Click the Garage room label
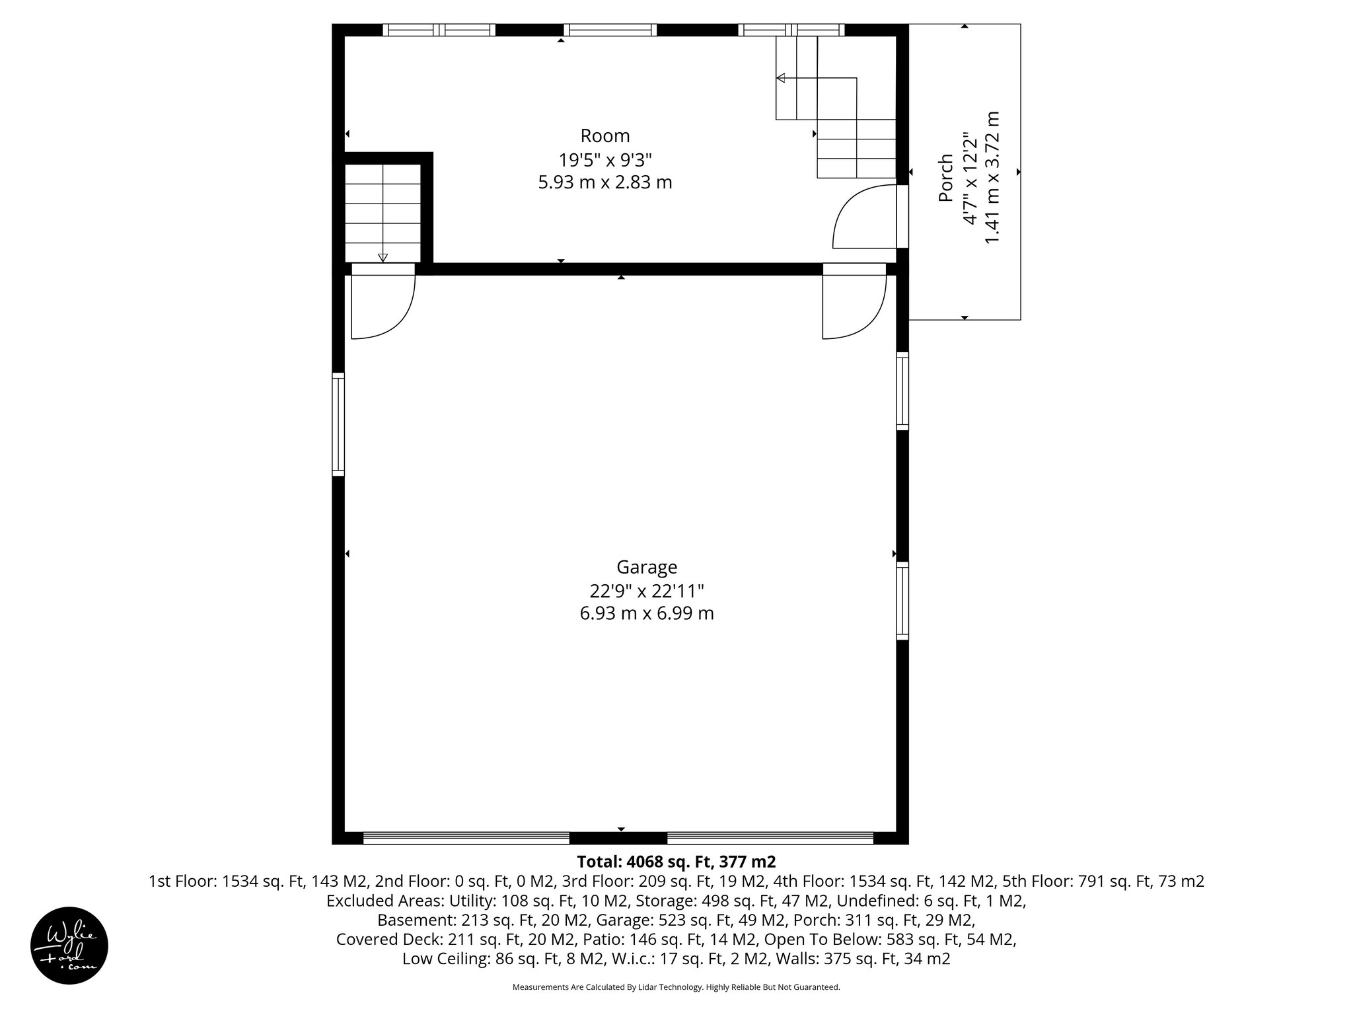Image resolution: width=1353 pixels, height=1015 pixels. [x=646, y=567]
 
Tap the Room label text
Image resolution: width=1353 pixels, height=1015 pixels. [x=604, y=136]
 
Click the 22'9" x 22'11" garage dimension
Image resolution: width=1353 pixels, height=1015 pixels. [x=646, y=590]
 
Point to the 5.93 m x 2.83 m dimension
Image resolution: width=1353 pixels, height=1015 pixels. [x=604, y=182]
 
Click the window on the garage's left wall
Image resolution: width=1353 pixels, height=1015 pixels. [x=338, y=424]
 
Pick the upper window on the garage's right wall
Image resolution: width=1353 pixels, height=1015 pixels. [x=902, y=391]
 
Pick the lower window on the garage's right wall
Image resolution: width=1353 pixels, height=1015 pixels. [x=902, y=600]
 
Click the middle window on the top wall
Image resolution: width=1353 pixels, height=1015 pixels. [x=610, y=30]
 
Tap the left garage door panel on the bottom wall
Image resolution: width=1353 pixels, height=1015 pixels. [x=466, y=838]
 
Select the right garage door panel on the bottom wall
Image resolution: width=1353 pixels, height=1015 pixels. [x=770, y=838]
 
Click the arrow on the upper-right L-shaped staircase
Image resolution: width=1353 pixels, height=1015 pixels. [x=781, y=79]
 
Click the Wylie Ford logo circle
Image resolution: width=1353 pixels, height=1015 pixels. [x=69, y=945]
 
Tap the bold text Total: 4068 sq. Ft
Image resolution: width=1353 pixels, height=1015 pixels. [x=676, y=862]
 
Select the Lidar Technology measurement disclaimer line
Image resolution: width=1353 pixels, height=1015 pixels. [x=676, y=987]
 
